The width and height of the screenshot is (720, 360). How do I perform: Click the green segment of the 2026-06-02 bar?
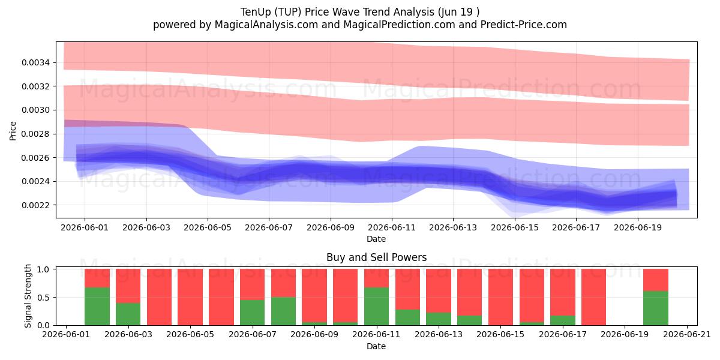pyautogui.click(x=97, y=306)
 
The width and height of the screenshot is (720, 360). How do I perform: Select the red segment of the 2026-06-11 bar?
pyautogui.click(x=376, y=278)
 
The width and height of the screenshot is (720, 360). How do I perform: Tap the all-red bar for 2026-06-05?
pyautogui.click(x=190, y=297)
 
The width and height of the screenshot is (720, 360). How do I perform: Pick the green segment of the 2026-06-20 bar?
pyautogui.click(x=656, y=308)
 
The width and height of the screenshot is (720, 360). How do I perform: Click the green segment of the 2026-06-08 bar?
pyautogui.click(x=283, y=311)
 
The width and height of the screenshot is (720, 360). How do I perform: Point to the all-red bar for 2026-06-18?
pyautogui.click(x=593, y=297)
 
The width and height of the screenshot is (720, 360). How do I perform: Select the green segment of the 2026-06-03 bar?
pyautogui.click(x=128, y=314)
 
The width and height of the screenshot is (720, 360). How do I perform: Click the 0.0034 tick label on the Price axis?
pyautogui.click(x=35, y=62)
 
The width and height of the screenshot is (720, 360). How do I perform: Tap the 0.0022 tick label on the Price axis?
pyautogui.click(x=35, y=205)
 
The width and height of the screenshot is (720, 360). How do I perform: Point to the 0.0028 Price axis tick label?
pyautogui.click(x=35, y=134)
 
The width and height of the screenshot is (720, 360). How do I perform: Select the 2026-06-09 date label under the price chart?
pyautogui.click(x=331, y=227)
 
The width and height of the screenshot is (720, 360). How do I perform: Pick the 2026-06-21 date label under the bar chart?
pyautogui.click(x=687, y=335)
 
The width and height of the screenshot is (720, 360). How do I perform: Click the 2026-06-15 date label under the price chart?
pyautogui.click(x=515, y=227)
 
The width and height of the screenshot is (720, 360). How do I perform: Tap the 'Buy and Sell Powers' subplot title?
pyautogui.click(x=376, y=257)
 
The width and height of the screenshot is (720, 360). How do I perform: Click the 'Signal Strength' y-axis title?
pyautogui.click(x=28, y=296)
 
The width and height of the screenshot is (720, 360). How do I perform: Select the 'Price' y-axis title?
pyautogui.click(x=13, y=131)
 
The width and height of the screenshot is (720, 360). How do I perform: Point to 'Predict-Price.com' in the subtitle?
pyautogui.click(x=524, y=25)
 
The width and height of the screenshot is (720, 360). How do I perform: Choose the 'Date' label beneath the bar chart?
pyautogui.click(x=376, y=346)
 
